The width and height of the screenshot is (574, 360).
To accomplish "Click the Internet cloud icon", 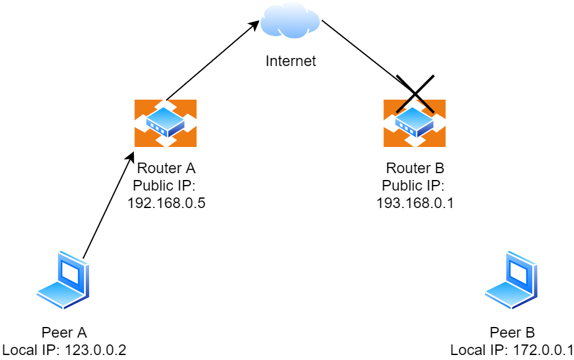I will tap(290, 21).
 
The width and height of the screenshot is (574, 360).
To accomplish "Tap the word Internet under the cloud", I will tap(291, 61).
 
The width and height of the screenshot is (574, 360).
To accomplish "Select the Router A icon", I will tap(166, 123).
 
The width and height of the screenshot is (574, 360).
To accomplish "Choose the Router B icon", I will tap(415, 123).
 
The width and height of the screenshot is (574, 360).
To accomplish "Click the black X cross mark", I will tap(415, 94).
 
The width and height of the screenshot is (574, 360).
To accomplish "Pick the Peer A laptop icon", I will tap(64, 281).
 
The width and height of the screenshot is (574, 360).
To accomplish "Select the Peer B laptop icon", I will tap(512, 281).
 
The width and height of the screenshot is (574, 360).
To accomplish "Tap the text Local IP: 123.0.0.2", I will tap(64, 349).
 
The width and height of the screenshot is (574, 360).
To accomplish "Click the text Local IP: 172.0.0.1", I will tap(512, 349).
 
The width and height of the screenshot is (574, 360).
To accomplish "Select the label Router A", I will tap(166, 168).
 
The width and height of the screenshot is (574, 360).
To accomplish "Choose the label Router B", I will tap(415, 168).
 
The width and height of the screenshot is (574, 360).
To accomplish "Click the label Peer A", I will tap(64, 332).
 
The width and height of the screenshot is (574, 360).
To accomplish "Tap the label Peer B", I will tap(512, 332).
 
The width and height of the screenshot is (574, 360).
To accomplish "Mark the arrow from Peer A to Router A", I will tap(109, 202).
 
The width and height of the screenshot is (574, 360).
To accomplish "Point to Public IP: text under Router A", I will tap(164, 185).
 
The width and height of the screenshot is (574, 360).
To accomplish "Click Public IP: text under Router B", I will tap(413, 185).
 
